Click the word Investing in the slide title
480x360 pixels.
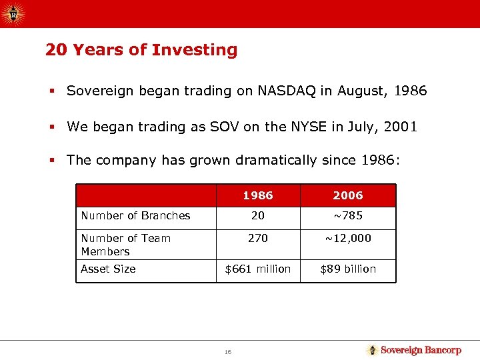coord(194,51)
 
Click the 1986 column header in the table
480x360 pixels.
coord(258,195)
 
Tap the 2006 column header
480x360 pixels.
coord(348,195)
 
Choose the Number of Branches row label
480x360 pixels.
coord(135,215)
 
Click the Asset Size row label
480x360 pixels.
coord(108,269)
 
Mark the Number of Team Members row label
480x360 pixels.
coord(125,245)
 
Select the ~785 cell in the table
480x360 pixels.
coord(348,215)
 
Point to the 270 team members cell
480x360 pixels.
coord(258,238)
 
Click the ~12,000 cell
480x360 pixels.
coord(348,238)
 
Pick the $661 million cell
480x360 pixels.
coord(258,269)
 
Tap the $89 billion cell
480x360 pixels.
coord(348,269)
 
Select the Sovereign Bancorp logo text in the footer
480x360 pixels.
coord(420,350)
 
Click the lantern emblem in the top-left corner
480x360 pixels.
coord(14,13)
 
